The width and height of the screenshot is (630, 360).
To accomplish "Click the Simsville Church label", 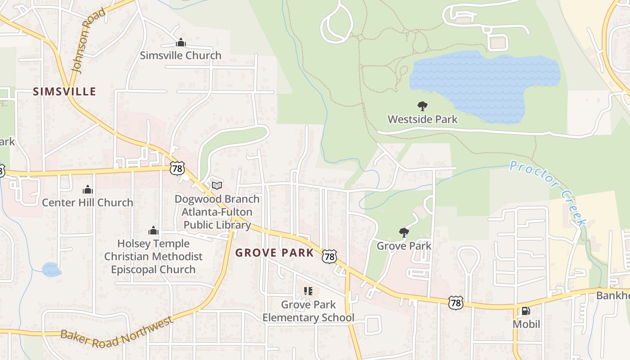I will point(180,55).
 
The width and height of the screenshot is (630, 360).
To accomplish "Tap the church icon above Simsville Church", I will point(180,43).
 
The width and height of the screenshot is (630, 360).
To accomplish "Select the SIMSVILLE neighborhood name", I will point(64,92).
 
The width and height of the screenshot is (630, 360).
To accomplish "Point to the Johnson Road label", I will point(88,41).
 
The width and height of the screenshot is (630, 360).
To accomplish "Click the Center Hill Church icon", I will point(87,190).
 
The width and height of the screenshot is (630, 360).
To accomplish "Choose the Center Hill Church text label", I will point(87,202).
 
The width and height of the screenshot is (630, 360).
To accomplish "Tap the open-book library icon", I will point(217,185).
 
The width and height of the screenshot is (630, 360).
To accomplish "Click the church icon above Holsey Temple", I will point(153,231).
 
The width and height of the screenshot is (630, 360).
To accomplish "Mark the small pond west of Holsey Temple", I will point(51,270).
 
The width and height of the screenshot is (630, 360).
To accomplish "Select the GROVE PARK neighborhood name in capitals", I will point(274,253).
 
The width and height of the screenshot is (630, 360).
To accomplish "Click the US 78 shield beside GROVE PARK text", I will point(329,256).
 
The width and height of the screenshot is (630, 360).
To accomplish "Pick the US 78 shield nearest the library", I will point(177,168).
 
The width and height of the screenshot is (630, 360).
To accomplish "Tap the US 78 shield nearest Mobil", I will point(456,302).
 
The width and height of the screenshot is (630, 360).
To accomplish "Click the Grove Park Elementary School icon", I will point(308,291).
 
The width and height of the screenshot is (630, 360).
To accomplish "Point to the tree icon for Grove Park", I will point(404,233).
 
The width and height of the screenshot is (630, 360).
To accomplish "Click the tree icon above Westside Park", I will point(422,106).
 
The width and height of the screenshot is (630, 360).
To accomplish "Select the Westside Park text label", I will point(423,119).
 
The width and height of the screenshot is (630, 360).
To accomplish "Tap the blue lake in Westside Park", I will point(486,83).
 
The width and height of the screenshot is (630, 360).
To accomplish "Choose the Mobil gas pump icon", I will point(525,311).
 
